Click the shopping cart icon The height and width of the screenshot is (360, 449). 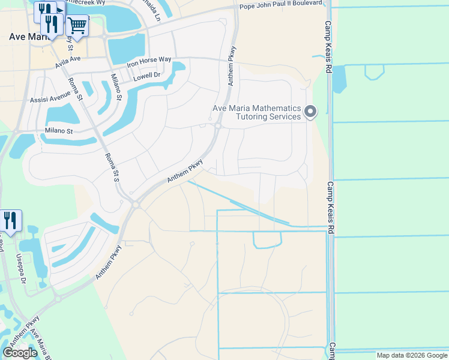point(77,25)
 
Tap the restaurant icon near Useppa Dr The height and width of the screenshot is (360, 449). point(11,220)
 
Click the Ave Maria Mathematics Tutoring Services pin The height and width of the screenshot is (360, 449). point(310,112)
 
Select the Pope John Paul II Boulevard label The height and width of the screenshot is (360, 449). point(282,7)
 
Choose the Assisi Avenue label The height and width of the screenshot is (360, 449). point(50,97)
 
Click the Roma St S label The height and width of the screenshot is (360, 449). point(112,167)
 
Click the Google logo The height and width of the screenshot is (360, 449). point(20,353)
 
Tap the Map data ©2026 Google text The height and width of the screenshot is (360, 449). point(411,355)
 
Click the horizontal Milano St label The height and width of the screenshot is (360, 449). point(58,131)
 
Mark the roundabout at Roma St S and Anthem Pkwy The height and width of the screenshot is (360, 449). point(135,205)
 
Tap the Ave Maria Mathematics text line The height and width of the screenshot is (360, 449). point(257,108)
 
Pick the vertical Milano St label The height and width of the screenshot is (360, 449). point(116,87)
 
